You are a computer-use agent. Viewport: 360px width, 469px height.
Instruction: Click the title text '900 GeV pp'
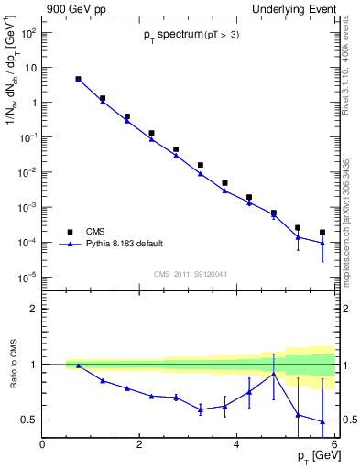click(71, 8)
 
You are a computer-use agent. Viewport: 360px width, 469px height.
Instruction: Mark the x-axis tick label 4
click(237, 444)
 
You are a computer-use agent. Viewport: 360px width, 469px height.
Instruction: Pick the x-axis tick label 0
click(42, 444)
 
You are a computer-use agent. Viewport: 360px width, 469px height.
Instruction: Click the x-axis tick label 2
click(139, 444)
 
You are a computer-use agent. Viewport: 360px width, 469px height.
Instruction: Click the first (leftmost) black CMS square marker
click(78, 79)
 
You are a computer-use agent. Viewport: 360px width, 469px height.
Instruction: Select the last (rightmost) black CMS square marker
click(322, 233)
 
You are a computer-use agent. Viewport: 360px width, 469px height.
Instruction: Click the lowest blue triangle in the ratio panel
click(322, 421)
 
